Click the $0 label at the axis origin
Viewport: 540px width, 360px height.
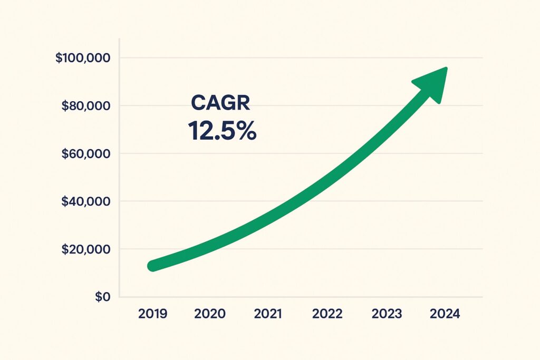[x=103, y=297]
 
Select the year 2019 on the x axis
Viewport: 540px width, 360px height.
[x=152, y=314]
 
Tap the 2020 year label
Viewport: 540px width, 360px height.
[x=209, y=314]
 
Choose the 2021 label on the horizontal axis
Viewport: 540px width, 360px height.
[x=268, y=314]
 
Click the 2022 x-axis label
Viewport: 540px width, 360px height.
[x=327, y=314]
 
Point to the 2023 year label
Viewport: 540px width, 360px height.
[x=387, y=314]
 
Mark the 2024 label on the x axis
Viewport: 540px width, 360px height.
[x=445, y=314]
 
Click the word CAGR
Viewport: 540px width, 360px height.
[x=220, y=103]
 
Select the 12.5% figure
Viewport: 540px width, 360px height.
[x=222, y=130]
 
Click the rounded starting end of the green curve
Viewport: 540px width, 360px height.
[x=153, y=266]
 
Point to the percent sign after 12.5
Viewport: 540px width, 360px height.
[x=246, y=130]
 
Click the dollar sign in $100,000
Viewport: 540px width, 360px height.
[x=59, y=57]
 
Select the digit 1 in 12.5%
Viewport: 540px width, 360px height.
[x=192, y=130]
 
